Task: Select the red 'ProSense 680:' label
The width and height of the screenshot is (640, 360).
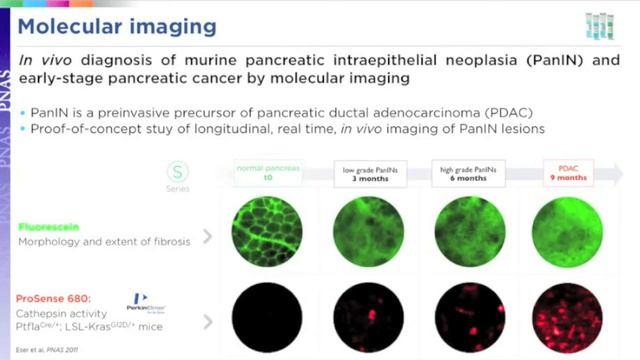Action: click(x=59, y=297)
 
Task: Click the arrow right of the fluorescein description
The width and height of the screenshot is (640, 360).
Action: click(x=208, y=237)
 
